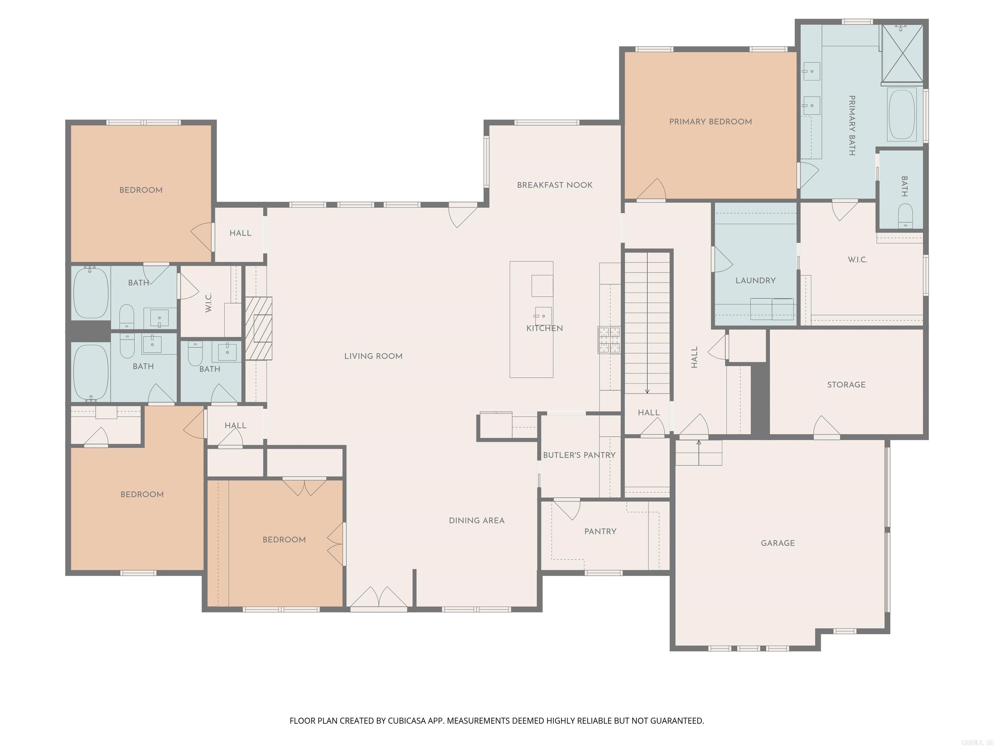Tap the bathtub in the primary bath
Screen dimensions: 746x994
(901, 115)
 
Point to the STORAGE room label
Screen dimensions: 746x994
(846, 384)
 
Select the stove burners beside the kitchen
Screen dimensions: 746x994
(609, 340)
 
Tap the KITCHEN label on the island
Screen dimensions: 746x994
(544, 328)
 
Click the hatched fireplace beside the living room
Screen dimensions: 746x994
(259, 328)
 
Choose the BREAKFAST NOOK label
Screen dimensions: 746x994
(555, 185)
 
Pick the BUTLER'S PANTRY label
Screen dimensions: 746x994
(579, 455)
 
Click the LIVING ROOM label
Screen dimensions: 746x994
(373, 356)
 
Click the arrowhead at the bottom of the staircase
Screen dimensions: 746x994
(647, 391)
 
